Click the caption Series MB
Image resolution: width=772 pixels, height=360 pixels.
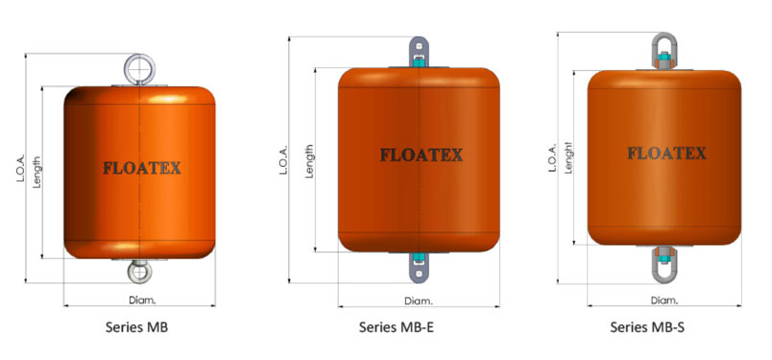[136, 327]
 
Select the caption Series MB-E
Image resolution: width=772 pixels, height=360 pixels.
[397, 327]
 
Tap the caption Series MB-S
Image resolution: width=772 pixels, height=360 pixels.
[647, 327]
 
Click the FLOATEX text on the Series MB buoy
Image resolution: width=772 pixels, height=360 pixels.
[142, 168]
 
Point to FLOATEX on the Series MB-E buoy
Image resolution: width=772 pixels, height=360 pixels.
[421, 156]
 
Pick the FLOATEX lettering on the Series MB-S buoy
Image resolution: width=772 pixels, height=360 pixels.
[666, 154]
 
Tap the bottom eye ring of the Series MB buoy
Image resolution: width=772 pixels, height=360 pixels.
[139, 272]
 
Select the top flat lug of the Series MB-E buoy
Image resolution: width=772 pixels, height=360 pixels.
[419, 52]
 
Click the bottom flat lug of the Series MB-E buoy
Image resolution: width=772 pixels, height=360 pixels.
[419, 268]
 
